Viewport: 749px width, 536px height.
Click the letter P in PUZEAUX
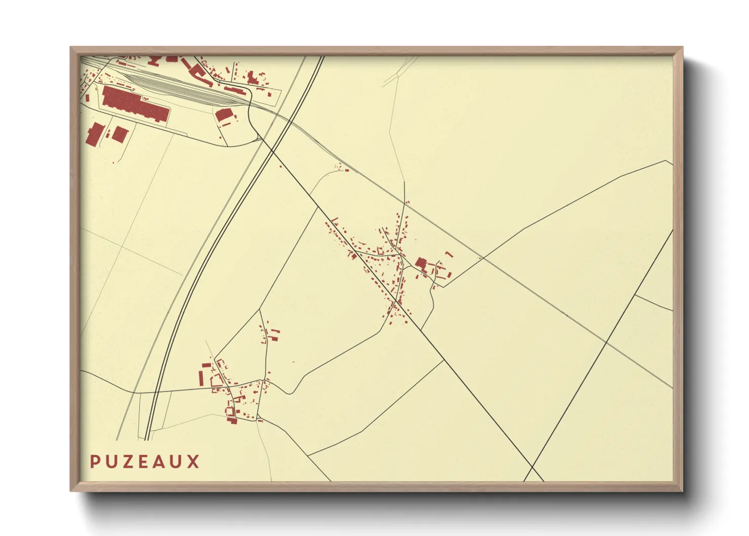95,462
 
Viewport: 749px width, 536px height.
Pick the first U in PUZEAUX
111,462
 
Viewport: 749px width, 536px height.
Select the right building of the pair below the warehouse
120,134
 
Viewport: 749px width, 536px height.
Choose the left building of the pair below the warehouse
95,134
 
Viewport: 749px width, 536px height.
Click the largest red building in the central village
421,263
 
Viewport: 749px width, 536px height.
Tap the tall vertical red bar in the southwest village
200,378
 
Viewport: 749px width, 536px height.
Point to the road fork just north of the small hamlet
260,310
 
